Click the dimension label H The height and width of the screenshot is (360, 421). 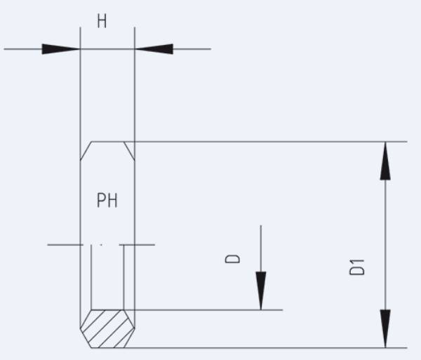coord(102,21)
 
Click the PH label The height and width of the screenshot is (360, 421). coord(107,201)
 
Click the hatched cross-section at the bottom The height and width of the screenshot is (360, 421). coord(107,328)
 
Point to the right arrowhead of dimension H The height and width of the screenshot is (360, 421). coord(154,49)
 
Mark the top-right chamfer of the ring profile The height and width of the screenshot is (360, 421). coord(129,149)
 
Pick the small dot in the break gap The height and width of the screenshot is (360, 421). coord(102,245)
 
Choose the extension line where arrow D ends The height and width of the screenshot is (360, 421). coord(210,309)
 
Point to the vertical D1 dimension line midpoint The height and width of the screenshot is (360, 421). coord(385,244)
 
